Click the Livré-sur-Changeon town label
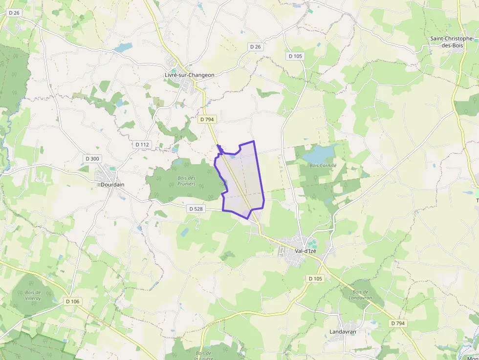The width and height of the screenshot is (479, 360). [x=189, y=75]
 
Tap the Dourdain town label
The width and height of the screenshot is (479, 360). [x=112, y=185]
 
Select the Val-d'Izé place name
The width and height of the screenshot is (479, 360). [x=305, y=251]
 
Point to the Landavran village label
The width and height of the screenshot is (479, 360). [x=343, y=332]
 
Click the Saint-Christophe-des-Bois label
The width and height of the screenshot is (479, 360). [x=452, y=42]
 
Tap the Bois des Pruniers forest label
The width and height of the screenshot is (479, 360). [x=186, y=181]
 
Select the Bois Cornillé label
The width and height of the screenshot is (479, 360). [x=323, y=166]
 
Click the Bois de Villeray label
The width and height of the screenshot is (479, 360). [x=33, y=295]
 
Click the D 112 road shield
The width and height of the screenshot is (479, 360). [x=142, y=145]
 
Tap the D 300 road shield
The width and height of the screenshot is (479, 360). [x=92, y=158]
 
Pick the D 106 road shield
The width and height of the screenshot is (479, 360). [x=72, y=301]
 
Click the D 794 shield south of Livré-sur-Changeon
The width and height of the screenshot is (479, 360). [x=207, y=119]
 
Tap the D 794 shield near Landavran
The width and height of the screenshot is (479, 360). [x=398, y=323]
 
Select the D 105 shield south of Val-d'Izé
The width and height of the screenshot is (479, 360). [x=316, y=278]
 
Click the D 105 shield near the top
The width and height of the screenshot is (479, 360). [x=295, y=56]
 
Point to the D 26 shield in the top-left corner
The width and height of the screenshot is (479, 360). [x=14, y=12]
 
